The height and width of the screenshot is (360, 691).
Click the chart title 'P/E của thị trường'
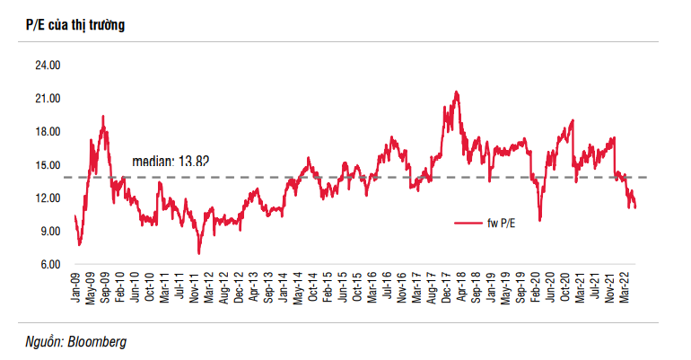[75, 24]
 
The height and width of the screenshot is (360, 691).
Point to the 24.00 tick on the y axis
[48, 66]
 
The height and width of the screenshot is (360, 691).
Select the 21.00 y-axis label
[48, 99]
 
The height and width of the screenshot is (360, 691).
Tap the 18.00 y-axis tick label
[48, 132]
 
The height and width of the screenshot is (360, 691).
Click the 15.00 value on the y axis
[48, 165]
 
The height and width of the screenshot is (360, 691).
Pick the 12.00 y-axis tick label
[48, 198]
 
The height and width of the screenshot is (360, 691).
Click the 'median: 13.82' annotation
[171, 162]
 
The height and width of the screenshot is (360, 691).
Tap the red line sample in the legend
[468, 223]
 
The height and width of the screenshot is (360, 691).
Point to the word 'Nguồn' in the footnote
[44, 341]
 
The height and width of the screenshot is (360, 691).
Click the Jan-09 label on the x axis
[77, 286]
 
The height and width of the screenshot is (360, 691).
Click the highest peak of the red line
[457, 92]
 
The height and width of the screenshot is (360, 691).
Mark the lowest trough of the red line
[198, 253]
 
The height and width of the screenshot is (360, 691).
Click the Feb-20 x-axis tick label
[538, 286]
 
